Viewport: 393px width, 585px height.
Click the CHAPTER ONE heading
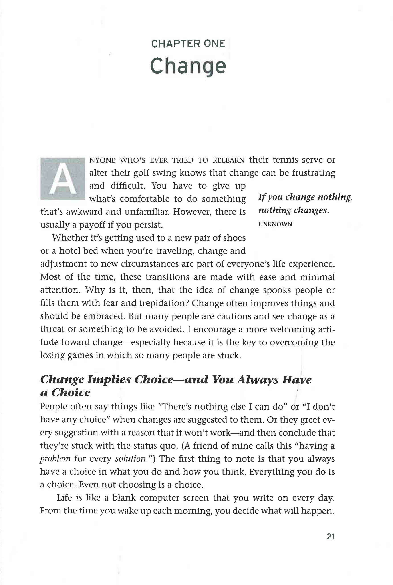pyautogui.click(x=188, y=44)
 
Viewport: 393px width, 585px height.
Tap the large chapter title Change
pyautogui.click(x=188, y=66)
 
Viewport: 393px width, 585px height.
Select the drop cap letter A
pyautogui.click(x=63, y=179)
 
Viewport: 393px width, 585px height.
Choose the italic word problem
pyautogui.click(x=55, y=458)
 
